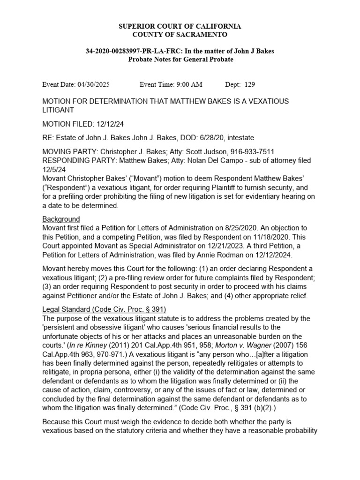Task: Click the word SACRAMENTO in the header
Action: (x=199, y=35)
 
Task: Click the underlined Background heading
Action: (x=61, y=219)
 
